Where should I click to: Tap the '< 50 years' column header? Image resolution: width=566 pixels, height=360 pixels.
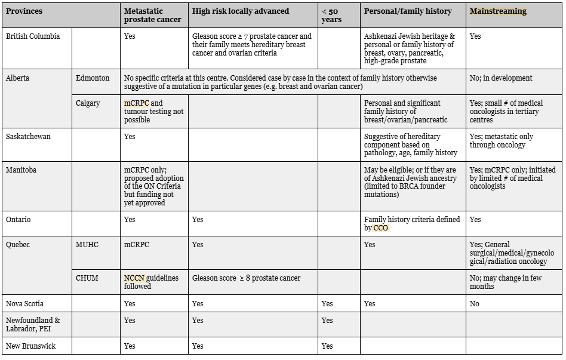pyautogui.click(x=332, y=16)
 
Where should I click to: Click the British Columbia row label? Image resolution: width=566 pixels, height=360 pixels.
pyautogui.click(x=33, y=36)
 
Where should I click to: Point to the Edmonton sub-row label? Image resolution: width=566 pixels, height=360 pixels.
pyautogui.click(x=93, y=78)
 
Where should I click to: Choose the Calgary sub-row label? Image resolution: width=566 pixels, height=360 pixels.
pyautogui.click(x=88, y=103)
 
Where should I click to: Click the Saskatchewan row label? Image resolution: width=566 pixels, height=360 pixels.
pyautogui.click(x=28, y=137)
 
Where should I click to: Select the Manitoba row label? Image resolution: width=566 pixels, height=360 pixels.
pyautogui.click(x=21, y=170)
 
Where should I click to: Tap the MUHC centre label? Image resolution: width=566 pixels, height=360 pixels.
pyautogui.click(x=87, y=245)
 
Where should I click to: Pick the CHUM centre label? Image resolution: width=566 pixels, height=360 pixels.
pyautogui.click(x=87, y=278)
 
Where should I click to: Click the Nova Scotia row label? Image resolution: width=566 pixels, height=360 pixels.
pyautogui.click(x=25, y=304)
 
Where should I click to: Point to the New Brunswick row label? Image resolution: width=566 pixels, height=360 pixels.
pyautogui.click(x=30, y=346)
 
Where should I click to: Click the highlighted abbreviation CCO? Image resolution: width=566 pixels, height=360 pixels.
pyautogui.click(x=380, y=228)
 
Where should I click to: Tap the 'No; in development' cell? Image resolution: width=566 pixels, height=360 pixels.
pyautogui.click(x=501, y=78)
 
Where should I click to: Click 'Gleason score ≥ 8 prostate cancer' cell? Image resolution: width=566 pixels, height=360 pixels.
pyautogui.click(x=246, y=278)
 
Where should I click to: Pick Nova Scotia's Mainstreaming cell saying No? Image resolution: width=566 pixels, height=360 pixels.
pyautogui.click(x=475, y=304)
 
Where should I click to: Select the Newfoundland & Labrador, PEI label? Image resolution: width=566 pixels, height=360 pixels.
pyautogui.click(x=33, y=325)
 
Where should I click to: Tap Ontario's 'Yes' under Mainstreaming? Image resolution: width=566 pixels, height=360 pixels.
pyautogui.click(x=475, y=220)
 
